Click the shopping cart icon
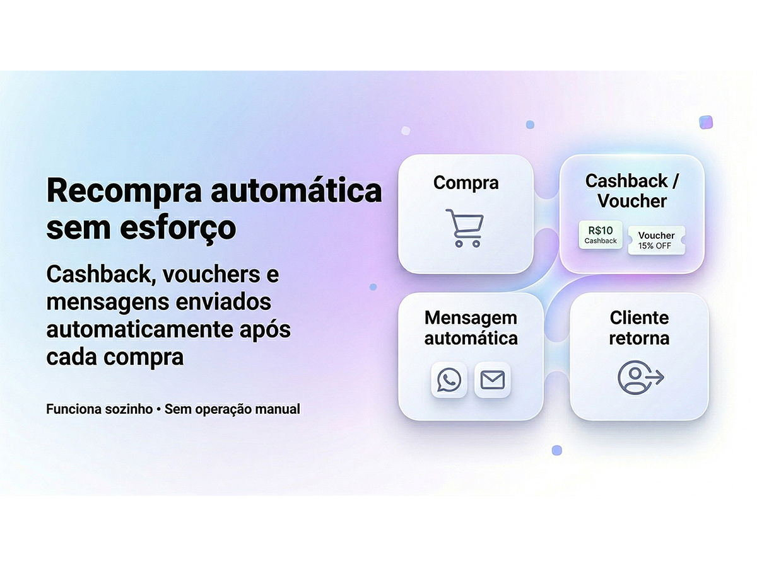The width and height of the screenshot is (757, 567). click(465, 227)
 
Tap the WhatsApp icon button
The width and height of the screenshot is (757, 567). click(449, 380)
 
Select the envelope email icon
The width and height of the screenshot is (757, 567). click(492, 380)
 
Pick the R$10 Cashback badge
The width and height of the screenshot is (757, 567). click(601, 234)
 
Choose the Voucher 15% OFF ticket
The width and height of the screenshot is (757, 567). click(656, 240)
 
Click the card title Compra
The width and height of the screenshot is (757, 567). click(466, 183)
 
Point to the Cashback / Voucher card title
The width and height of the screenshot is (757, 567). click(632, 191)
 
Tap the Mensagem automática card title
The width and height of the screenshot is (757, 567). click(471, 328)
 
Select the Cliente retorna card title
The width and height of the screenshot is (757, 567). click(639, 328)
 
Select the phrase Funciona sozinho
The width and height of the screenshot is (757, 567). click(99, 409)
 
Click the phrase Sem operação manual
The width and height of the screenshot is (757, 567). click(232, 409)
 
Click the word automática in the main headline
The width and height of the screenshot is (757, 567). click(296, 191)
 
